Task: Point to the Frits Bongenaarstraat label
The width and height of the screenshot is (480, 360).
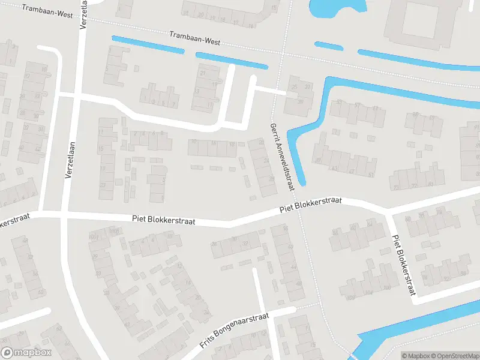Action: point(233,332)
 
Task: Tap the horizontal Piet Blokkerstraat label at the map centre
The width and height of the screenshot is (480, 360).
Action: point(164,221)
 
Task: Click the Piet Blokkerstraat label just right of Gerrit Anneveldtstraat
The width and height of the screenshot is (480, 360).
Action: point(310,205)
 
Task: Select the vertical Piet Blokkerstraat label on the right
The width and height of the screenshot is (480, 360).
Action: point(403,264)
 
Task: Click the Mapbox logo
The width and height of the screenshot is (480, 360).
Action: point(26,353)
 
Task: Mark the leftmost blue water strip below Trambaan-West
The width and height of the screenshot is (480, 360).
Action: point(147,45)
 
